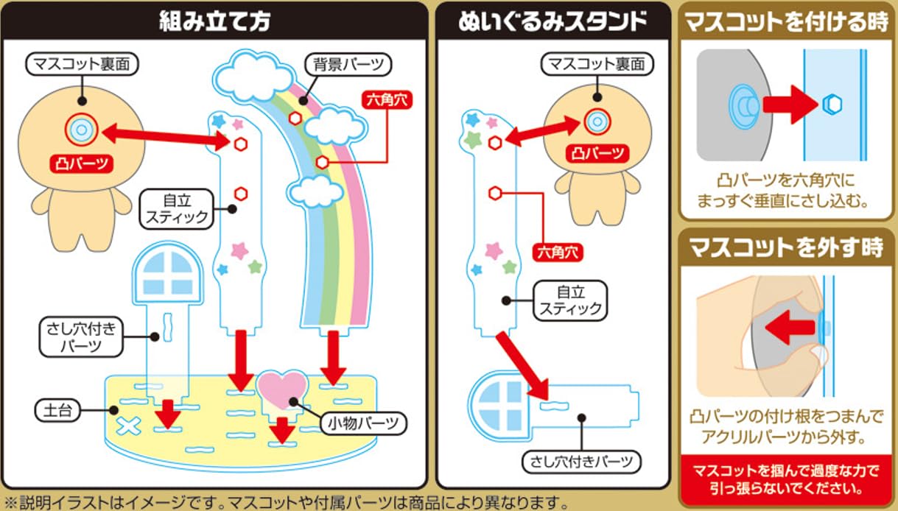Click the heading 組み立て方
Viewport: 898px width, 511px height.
(214, 21)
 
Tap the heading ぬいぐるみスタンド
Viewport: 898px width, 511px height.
(553, 21)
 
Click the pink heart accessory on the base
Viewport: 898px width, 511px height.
(281, 387)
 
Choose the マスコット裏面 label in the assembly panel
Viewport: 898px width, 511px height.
(82, 65)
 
